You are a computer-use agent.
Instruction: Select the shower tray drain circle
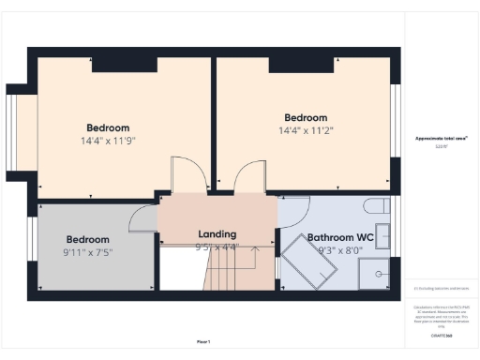379,274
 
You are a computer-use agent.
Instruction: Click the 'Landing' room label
217,233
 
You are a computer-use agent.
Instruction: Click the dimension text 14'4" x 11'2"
305,130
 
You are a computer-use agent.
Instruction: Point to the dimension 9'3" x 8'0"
340,250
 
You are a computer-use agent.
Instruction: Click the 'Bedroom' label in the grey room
87,239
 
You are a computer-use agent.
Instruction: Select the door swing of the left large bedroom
184,176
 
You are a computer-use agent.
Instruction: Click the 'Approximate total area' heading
442,139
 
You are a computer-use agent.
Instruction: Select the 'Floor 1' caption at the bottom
202,341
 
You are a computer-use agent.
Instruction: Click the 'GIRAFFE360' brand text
442,334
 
